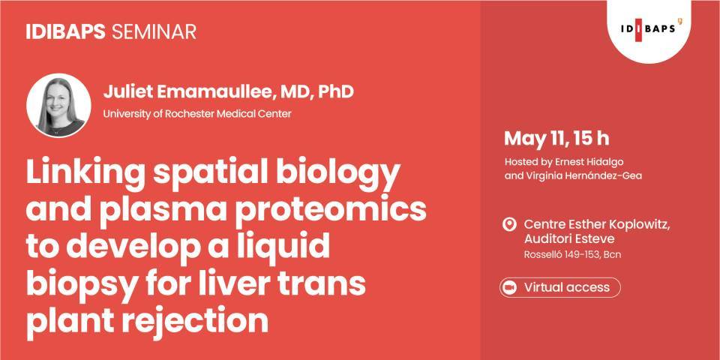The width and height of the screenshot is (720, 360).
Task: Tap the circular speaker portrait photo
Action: pos(58,105)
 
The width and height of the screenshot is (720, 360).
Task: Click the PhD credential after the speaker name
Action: pos(335,92)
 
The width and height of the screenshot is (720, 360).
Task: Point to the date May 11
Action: pos(531,139)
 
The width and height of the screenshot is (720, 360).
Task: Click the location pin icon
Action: pos(509,224)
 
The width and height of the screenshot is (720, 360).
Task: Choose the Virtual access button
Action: pos(560,287)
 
